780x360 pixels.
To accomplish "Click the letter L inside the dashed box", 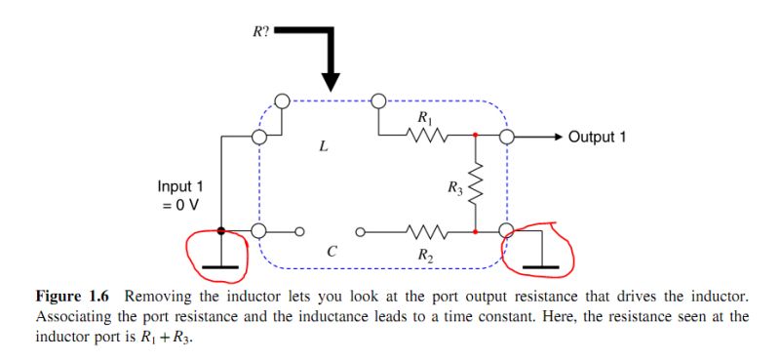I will pos(323,148).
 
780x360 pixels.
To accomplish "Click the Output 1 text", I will pos(597,137).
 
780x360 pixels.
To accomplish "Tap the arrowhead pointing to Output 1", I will pos(557,137).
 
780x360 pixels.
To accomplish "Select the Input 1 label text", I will pos(180,186).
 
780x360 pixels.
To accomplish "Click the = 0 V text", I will pos(180,204).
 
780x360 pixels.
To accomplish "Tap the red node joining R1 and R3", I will pos(475,137).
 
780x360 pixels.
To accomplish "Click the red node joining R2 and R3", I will pos(475,232).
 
